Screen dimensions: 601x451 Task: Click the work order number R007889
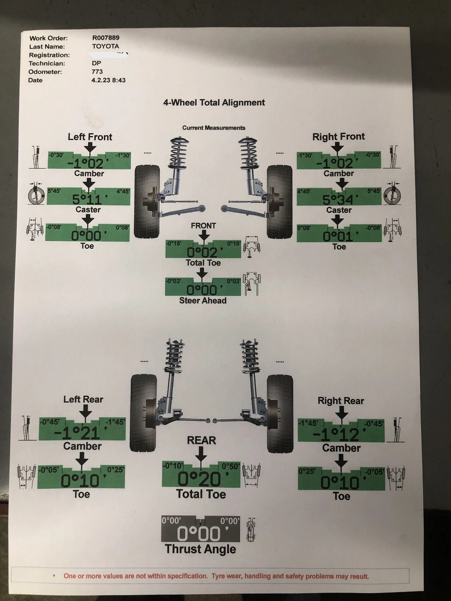tap(106, 38)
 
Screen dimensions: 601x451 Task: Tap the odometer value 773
tap(97, 72)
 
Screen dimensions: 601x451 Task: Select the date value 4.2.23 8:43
tap(108, 80)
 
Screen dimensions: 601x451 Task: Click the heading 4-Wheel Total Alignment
tap(214, 102)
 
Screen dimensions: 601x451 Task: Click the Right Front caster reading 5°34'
tap(338, 199)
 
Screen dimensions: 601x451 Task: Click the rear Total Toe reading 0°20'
tap(199, 479)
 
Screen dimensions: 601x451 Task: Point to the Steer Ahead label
tap(203, 300)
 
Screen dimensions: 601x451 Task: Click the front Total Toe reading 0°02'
tap(202, 252)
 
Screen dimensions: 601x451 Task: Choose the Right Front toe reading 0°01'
tap(338, 236)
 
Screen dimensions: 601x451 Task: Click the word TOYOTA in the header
tap(105, 46)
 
